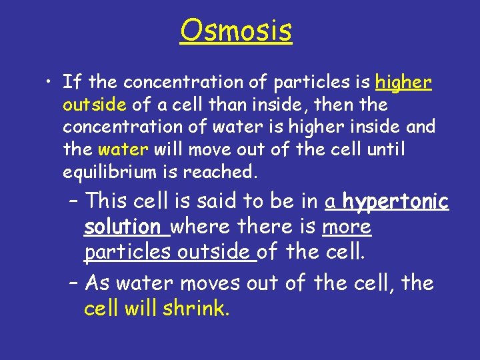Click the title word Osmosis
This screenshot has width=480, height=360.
(x=235, y=30)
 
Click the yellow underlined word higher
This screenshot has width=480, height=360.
(x=404, y=83)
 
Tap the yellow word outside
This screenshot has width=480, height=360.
(x=95, y=105)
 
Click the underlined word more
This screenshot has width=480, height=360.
(x=347, y=227)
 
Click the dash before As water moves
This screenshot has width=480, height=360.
(x=74, y=284)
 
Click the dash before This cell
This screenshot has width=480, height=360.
(x=74, y=201)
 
